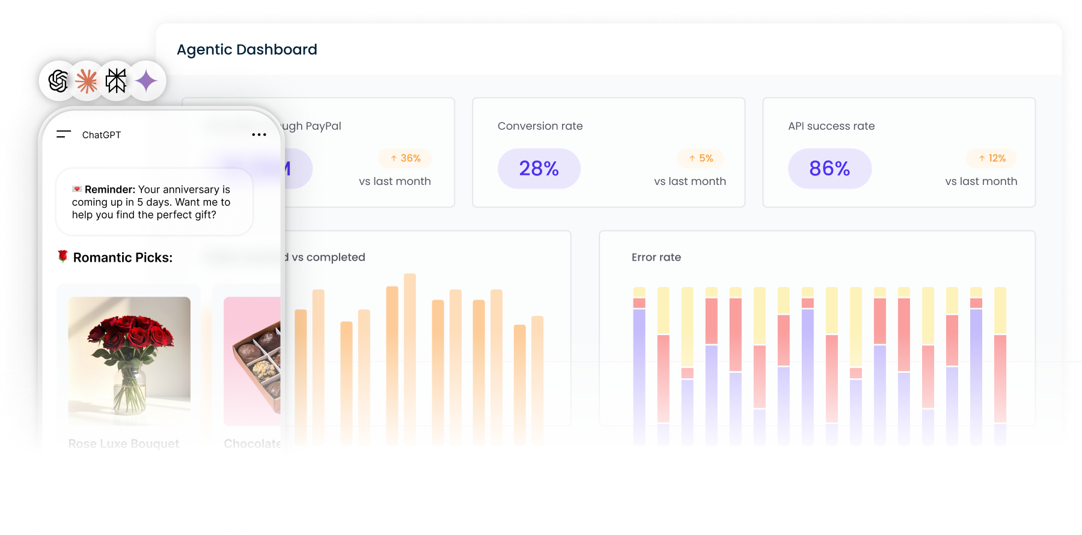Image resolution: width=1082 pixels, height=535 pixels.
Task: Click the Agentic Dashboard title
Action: pos(246,50)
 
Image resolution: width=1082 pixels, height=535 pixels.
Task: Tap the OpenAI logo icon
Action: pos(58,81)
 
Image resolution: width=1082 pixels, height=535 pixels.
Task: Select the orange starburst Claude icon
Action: pos(87,81)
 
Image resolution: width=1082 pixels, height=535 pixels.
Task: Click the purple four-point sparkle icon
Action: pos(145,81)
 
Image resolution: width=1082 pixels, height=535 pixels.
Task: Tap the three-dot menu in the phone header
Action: pos(259,135)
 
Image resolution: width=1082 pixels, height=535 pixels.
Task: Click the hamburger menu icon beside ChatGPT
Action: pos(64,135)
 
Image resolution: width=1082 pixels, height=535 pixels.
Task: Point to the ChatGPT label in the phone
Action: pos(102,135)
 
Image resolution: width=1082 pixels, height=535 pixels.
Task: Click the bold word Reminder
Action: pos(109,190)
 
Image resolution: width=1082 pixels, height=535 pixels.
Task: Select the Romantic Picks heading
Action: pos(123,258)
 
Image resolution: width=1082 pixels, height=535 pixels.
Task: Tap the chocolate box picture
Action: pos(252,360)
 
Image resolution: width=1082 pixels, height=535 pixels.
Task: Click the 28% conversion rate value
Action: pos(539,169)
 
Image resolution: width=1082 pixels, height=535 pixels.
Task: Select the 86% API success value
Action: pos(830,169)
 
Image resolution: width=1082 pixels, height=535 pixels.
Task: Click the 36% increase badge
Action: pos(406,159)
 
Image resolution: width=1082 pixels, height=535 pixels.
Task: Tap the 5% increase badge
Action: pos(701,159)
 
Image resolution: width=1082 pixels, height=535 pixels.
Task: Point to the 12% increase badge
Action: pos(992,159)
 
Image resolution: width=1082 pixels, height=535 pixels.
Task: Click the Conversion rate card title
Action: pos(540,126)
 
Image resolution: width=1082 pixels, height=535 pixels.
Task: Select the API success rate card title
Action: pos(831,126)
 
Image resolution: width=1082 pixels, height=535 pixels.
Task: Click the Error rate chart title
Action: pos(656,258)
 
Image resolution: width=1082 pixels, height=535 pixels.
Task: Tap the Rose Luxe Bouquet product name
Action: pos(124,444)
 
